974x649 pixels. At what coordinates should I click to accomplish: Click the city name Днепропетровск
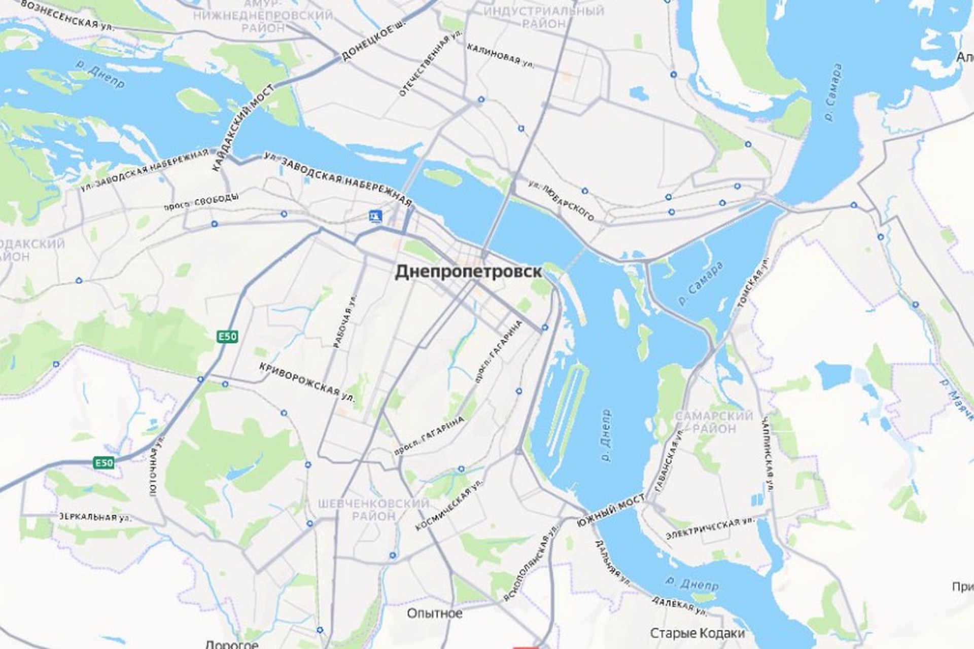click(468, 272)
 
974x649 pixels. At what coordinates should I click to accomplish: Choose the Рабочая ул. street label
click(345, 321)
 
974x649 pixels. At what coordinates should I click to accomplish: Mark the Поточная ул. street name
click(157, 465)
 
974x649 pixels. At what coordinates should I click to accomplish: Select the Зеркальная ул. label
click(95, 517)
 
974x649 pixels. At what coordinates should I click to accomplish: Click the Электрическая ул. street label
click(710, 528)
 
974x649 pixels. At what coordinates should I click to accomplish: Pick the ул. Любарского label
click(561, 201)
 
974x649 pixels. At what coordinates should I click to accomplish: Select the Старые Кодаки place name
click(698, 633)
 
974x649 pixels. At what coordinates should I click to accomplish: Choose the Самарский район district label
click(714, 422)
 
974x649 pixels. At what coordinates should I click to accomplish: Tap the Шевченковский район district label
click(373, 510)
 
